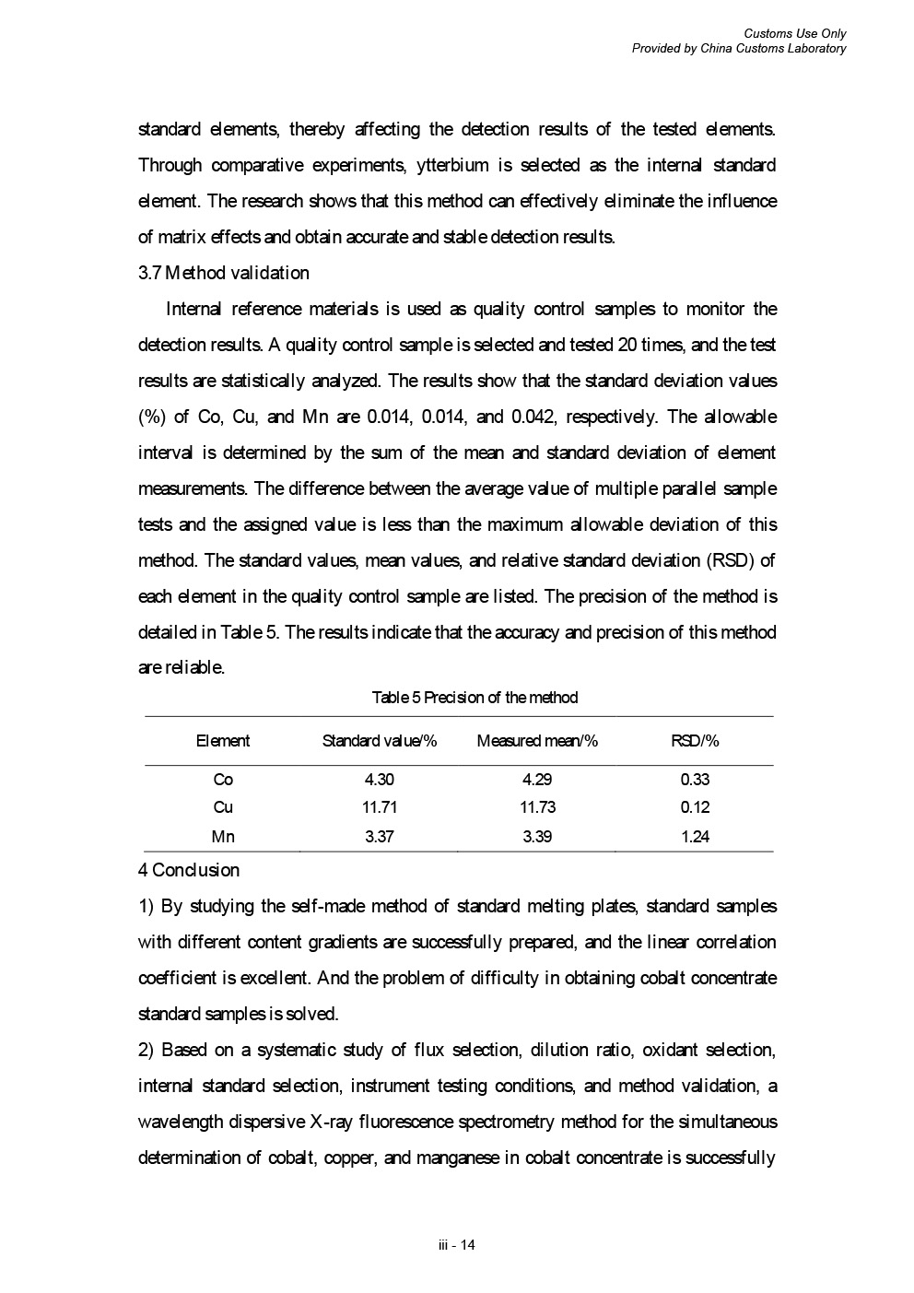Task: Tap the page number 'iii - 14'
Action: [x=457, y=1245]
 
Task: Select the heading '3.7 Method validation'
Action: [x=224, y=273]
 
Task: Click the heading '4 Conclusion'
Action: [x=189, y=870]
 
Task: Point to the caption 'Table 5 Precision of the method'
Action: [x=475, y=698]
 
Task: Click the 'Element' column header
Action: [x=223, y=741]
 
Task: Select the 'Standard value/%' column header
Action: [x=380, y=741]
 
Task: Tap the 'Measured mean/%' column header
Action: [x=537, y=741]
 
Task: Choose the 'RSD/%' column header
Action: [x=695, y=741]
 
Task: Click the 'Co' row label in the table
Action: [x=223, y=780]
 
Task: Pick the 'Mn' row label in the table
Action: [x=223, y=837]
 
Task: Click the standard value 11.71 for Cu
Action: [x=380, y=807]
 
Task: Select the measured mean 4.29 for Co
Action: [x=537, y=780]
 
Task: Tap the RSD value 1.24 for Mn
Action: [x=695, y=837]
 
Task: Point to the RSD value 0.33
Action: [x=695, y=780]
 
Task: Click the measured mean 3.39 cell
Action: [x=537, y=837]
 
